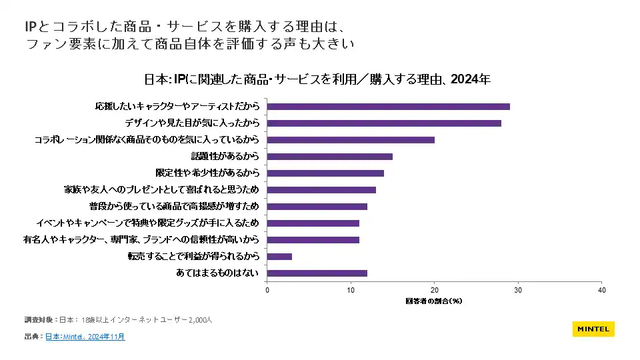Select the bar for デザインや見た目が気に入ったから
(384, 123)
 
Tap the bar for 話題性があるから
(330, 157)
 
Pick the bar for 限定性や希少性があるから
(325, 173)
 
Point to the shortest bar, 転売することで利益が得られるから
(280, 257)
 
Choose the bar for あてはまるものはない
(317, 273)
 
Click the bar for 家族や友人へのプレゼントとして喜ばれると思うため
(321, 190)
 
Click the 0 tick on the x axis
(267, 290)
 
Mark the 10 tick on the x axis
(351, 290)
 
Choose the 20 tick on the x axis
(435, 290)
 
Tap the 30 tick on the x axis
(518, 290)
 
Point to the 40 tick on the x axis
(601, 290)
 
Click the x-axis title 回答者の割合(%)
(434, 301)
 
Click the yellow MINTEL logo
(593, 329)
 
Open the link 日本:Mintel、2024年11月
(85, 337)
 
